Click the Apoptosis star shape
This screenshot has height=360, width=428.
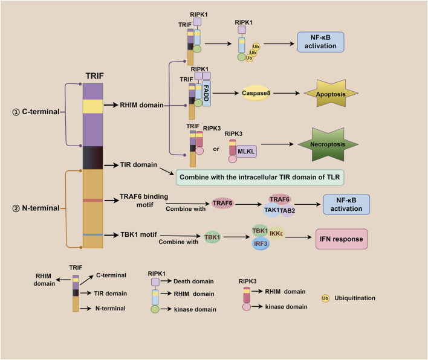tap(331, 93)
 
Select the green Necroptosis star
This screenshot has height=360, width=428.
tap(328, 144)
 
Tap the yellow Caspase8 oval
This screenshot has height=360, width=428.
tap(256, 93)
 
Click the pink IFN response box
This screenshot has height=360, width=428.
tap(342, 239)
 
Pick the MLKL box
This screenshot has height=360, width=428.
tap(246, 152)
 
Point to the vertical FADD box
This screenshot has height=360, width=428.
tap(207, 93)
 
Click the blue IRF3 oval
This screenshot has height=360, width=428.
tap(261, 243)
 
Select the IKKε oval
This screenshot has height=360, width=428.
tap(276, 233)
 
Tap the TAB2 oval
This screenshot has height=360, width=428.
tap(288, 211)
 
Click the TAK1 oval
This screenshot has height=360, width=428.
tap(272, 210)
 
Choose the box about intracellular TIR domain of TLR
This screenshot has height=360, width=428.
tap(260, 177)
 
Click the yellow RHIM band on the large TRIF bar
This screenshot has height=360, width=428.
tap(93, 106)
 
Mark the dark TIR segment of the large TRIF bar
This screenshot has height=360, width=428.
tap(93, 158)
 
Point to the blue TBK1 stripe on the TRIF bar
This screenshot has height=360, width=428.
tap(93, 234)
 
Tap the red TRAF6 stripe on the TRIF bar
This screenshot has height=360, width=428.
tap(93, 200)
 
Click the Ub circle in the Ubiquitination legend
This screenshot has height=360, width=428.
tap(325, 298)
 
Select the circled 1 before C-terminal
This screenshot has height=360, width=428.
tap(16, 112)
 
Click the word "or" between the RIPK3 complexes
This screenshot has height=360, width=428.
tap(216, 149)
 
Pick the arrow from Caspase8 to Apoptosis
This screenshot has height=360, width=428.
tap(287, 93)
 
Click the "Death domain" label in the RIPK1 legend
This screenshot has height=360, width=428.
tap(193, 281)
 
